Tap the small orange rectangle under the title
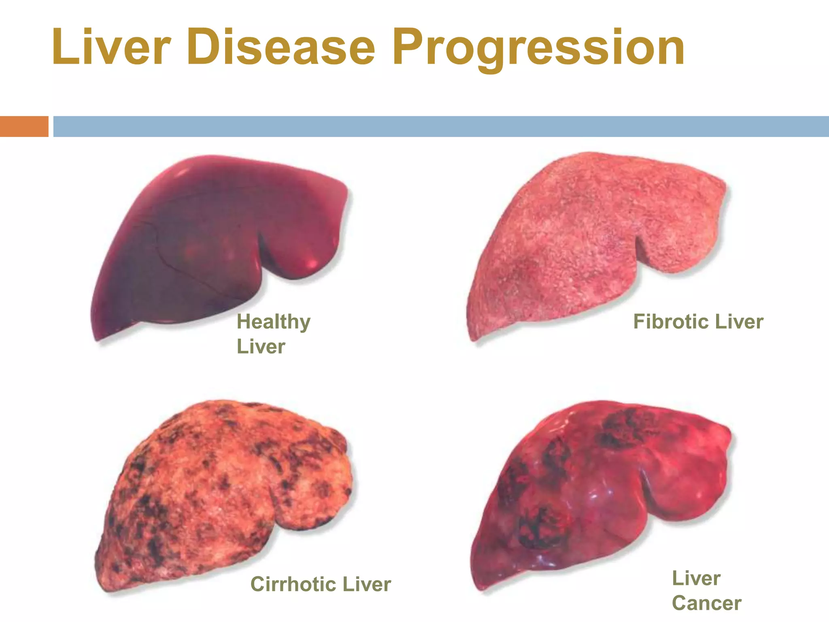(24, 126)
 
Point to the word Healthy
(274, 322)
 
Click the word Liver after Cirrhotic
(366, 584)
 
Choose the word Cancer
(706, 603)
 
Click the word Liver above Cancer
(696, 578)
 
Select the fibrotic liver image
(587, 239)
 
